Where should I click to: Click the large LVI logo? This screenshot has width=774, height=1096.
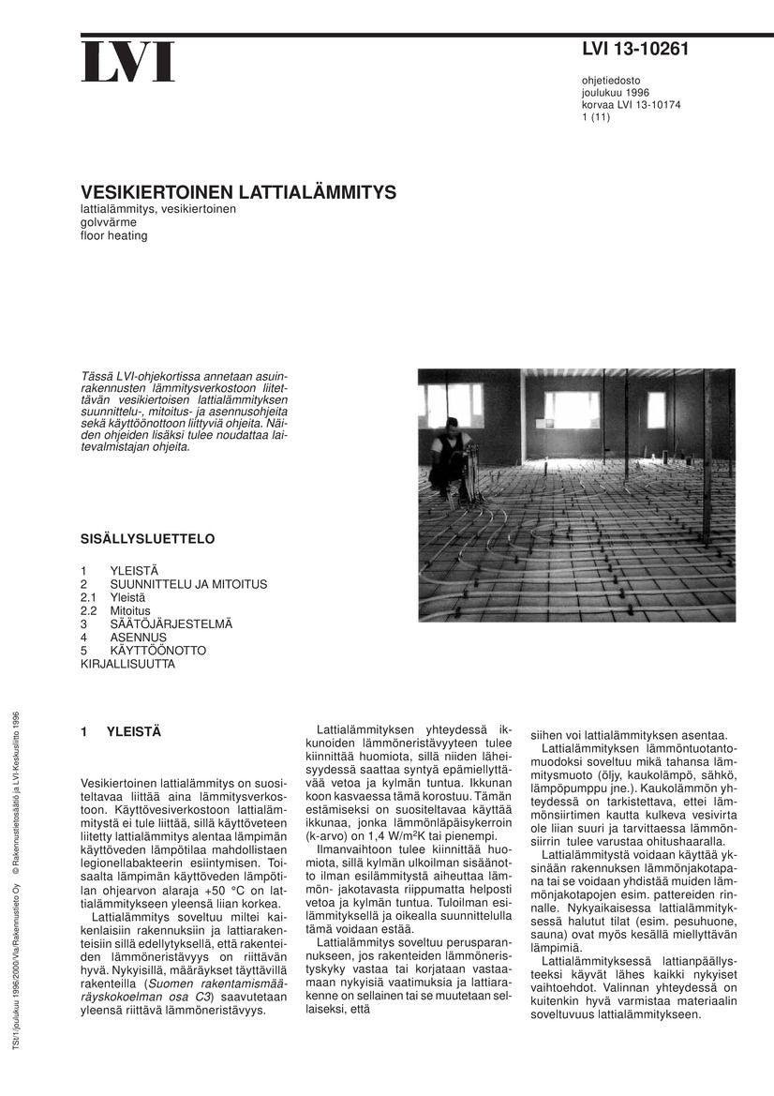pyautogui.click(x=127, y=62)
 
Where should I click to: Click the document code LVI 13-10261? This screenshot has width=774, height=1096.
pyautogui.click(x=634, y=50)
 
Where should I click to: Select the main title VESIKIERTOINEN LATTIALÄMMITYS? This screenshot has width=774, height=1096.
pyautogui.click(x=238, y=192)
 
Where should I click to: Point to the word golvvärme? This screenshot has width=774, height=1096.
pyautogui.click(x=109, y=222)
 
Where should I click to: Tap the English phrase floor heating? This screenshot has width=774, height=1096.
pyautogui.click(x=114, y=235)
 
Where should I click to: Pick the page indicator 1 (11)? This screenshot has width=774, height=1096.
pyautogui.click(x=596, y=117)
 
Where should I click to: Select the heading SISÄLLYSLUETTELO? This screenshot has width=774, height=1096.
pyautogui.click(x=148, y=539)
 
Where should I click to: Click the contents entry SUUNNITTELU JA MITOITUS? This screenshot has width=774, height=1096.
pyautogui.click(x=188, y=584)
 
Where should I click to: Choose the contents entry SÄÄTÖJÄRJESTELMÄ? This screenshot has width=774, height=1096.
pyautogui.click(x=171, y=623)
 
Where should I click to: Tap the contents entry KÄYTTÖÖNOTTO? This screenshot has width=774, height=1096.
pyautogui.click(x=158, y=650)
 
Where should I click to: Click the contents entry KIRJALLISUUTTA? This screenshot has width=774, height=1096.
pyautogui.click(x=127, y=663)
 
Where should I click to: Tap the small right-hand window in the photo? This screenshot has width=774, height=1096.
pyautogui.click(x=656, y=410)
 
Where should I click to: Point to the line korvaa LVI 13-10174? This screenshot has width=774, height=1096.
pyautogui.click(x=631, y=105)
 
